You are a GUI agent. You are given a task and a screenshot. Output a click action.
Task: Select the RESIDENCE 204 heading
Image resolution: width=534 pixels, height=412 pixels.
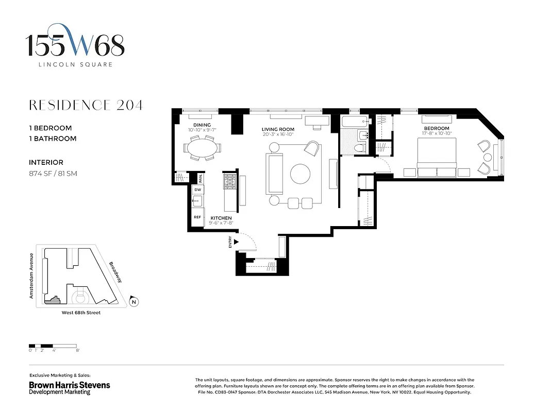86,106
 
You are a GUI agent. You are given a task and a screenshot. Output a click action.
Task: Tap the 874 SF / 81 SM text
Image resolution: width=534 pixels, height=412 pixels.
53,174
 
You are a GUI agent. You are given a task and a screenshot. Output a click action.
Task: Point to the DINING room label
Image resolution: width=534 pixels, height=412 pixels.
202,125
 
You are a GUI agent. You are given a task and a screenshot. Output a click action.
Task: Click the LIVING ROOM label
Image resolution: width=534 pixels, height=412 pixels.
278,129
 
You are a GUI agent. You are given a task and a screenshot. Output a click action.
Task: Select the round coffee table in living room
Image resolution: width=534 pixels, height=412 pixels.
301,174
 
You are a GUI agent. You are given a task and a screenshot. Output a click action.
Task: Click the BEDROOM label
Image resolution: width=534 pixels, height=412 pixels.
436,128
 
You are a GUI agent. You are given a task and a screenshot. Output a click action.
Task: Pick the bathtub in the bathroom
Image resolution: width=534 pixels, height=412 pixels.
355,122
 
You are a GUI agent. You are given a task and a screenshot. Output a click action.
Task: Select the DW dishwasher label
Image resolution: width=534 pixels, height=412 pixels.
197,190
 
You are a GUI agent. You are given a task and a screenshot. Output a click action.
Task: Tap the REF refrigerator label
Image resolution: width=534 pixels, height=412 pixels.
197,217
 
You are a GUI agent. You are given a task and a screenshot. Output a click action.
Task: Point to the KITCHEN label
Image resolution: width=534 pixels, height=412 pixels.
221,218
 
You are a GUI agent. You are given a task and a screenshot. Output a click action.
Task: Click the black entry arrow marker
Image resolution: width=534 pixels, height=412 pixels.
237,241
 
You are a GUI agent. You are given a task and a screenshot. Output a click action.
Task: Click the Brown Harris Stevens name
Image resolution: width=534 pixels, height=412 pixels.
69,385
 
